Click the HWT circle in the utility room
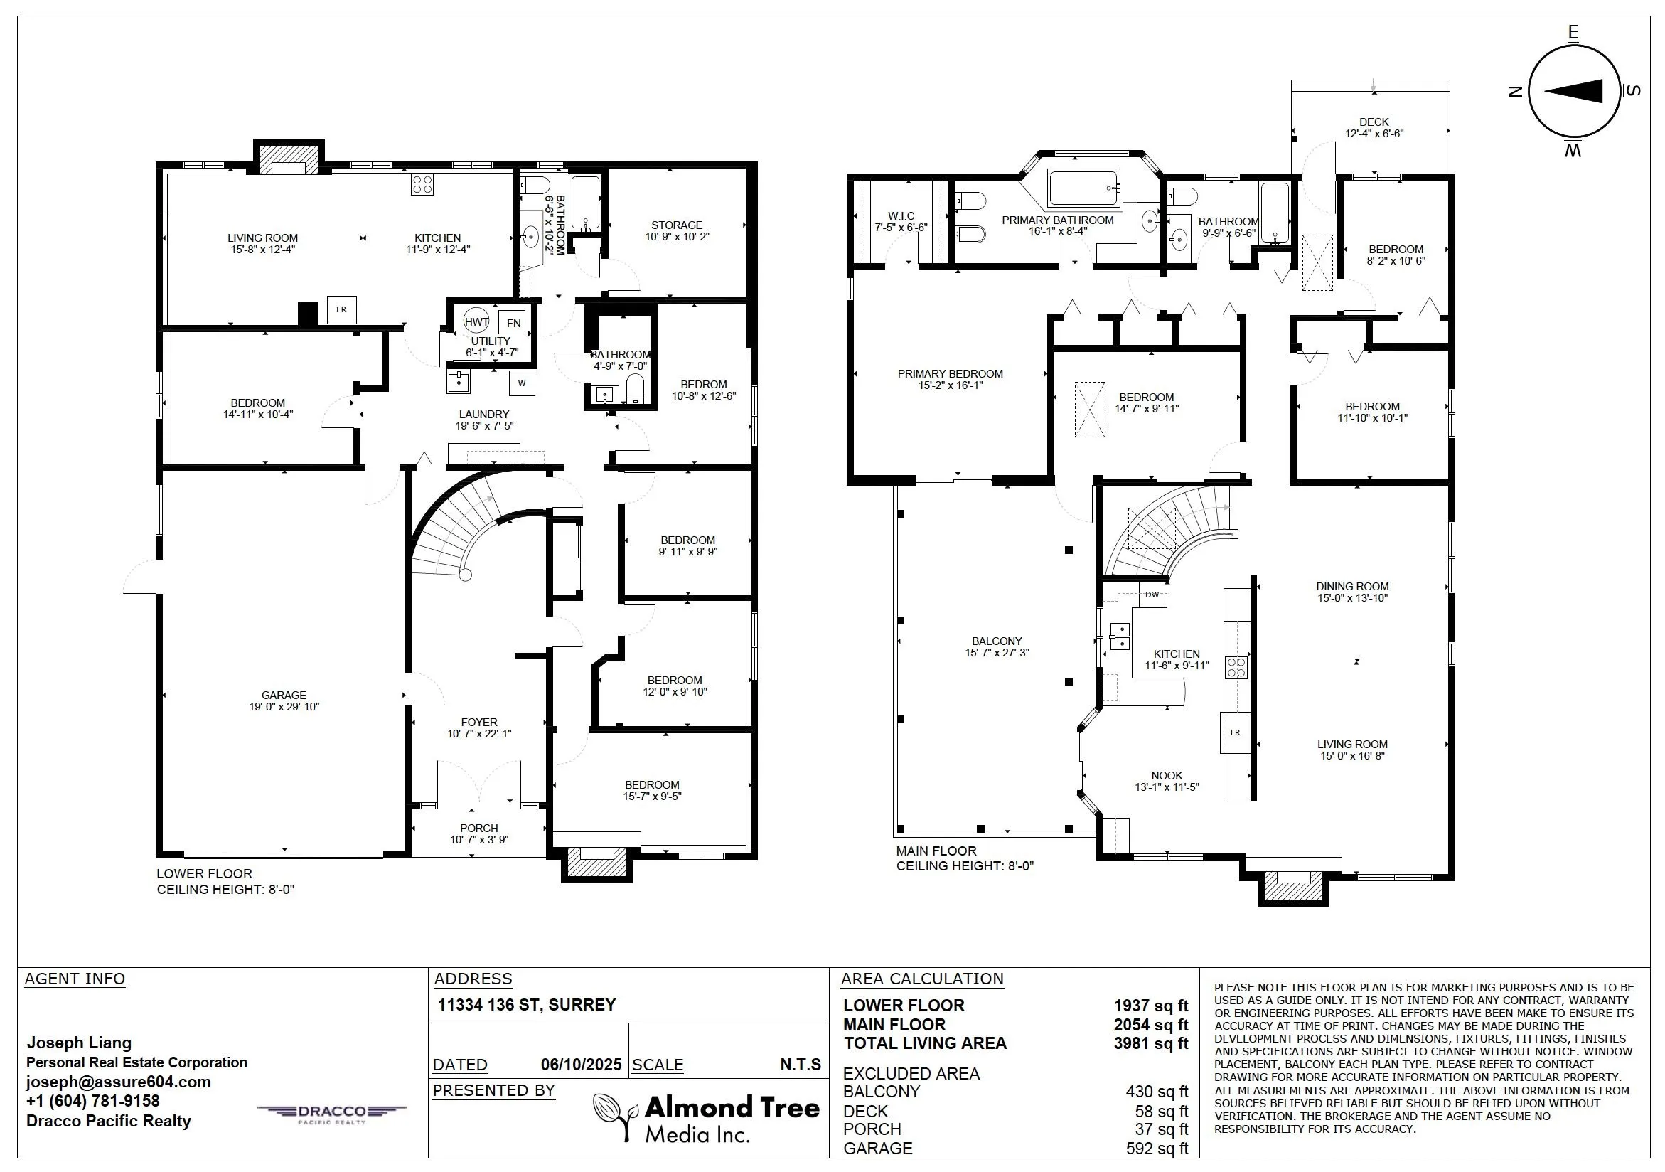click(476, 322)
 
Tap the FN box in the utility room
click(513, 323)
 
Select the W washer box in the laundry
click(522, 383)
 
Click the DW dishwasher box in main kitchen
click(1152, 595)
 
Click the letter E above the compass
click(1573, 33)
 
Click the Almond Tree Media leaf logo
click(616, 1114)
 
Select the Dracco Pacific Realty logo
click(332, 1114)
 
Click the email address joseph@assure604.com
click(119, 1082)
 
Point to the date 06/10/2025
click(582, 1064)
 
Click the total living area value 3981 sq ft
click(1151, 1043)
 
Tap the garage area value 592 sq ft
click(1157, 1148)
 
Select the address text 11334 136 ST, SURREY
click(527, 1004)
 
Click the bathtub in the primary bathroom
click(1084, 188)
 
